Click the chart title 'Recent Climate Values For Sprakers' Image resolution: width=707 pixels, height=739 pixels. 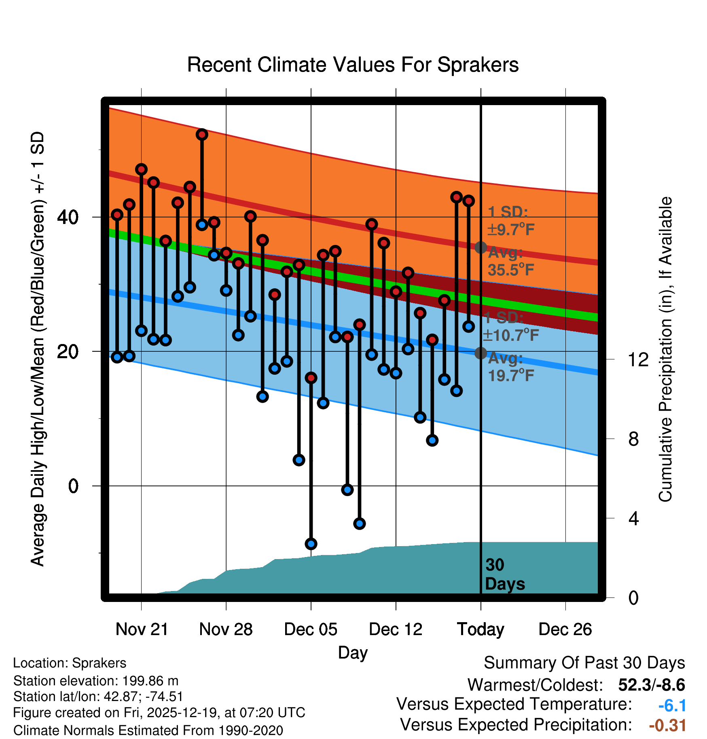[353, 65]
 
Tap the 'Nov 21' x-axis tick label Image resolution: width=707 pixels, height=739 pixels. [142, 629]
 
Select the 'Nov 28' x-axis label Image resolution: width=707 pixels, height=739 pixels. [226, 629]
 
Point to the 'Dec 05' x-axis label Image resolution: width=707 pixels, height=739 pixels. [311, 629]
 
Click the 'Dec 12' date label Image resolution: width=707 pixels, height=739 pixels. [396, 629]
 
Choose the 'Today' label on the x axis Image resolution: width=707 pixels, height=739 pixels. [481, 629]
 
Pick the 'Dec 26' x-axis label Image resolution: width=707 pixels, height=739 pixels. [565, 629]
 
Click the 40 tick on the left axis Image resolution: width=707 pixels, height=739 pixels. [68, 217]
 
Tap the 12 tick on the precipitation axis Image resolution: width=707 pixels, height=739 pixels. [638, 359]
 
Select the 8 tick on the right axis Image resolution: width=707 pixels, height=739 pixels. [634, 439]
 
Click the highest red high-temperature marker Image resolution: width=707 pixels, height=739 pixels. [202, 134]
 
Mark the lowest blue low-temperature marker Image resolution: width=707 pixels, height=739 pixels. [311, 544]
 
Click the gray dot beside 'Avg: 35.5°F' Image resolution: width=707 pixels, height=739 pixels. [481, 247]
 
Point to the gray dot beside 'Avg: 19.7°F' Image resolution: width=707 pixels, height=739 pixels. [481, 353]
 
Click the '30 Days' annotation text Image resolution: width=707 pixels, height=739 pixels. [504, 574]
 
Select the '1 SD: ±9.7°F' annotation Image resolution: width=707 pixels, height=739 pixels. [510, 221]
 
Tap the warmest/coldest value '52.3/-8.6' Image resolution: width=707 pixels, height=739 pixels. [651, 685]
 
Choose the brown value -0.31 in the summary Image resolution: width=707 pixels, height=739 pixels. [667, 725]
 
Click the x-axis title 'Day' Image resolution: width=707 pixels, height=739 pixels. [353, 652]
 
